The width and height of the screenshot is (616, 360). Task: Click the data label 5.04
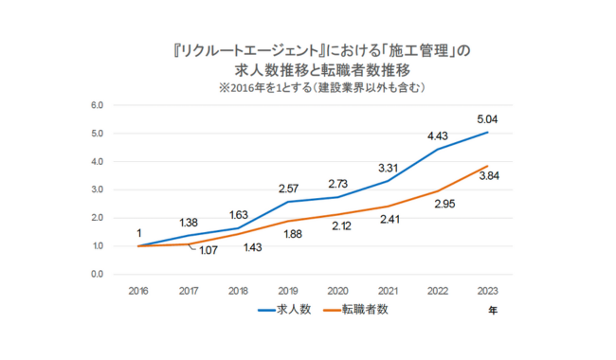click(x=486, y=120)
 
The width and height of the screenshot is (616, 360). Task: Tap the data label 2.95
click(x=438, y=203)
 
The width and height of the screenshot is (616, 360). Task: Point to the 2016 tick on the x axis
click(x=139, y=290)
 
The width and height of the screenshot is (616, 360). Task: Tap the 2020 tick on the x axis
click(x=337, y=290)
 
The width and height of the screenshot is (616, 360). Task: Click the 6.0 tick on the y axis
click(x=97, y=104)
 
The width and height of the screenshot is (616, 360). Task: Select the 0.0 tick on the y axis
click(x=97, y=275)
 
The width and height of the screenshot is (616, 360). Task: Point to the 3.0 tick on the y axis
click(x=97, y=189)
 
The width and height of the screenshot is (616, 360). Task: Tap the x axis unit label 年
click(x=492, y=309)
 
